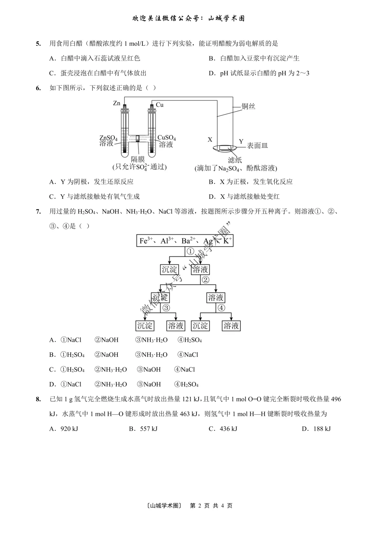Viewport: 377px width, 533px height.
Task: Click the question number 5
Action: [x=38, y=44]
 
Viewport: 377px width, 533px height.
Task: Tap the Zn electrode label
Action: [x=117, y=103]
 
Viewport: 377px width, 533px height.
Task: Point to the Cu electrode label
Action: [x=160, y=105]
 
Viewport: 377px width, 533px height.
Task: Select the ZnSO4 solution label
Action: [x=108, y=141]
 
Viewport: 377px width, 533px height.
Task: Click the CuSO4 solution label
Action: [x=167, y=141]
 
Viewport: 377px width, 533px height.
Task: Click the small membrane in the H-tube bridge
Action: [x=138, y=138]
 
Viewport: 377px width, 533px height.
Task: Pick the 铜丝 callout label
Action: [x=249, y=106]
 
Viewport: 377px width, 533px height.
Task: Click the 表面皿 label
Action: [x=257, y=146]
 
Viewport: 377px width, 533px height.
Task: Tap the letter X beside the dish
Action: [x=210, y=140]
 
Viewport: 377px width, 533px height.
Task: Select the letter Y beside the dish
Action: [x=241, y=142]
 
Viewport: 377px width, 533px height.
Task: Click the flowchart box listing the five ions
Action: [x=185, y=241]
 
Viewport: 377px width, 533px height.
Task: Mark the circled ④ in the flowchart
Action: [x=221, y=308]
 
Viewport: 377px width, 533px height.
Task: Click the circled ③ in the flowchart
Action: [x=166, y=308]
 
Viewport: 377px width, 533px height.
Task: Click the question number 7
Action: [x=38, y=211]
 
